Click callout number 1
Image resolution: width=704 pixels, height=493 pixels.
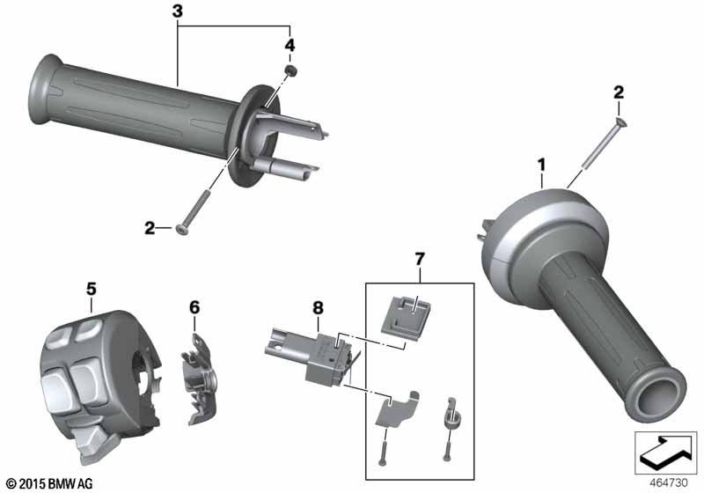542,164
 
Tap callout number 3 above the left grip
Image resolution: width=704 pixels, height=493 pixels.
178,12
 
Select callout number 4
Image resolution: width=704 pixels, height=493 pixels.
288,43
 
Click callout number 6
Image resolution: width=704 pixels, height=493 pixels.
194,306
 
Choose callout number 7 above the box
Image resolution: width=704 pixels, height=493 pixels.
419,260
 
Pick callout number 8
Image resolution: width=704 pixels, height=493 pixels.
319,308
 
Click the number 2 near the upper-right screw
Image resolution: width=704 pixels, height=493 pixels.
619,92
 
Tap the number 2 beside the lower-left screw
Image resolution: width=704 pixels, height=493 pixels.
150,229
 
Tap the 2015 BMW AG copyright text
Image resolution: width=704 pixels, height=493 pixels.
49,483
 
